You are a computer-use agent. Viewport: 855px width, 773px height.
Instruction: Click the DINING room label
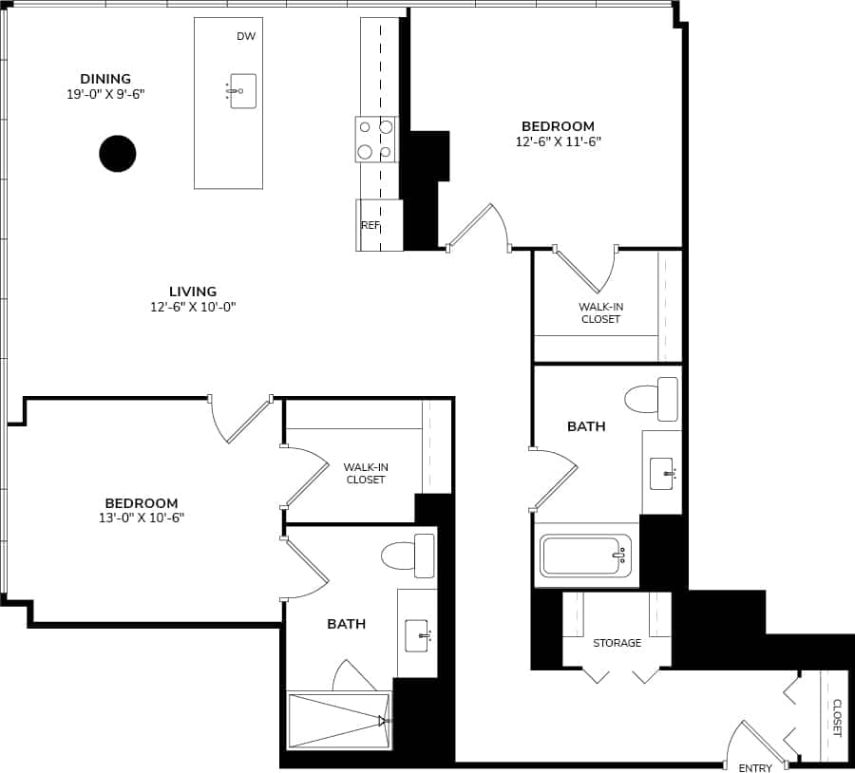coord(105,79)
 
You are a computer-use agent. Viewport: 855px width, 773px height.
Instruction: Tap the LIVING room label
coord(193,292)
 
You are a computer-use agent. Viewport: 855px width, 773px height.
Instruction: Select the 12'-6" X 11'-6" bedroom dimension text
coord(558,141)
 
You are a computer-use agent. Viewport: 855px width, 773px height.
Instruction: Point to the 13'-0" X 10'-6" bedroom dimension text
coord(142,518)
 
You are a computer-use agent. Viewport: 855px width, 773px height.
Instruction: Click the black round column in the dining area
coord(118,154)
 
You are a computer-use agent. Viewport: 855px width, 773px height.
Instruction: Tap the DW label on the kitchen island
coord(246,36)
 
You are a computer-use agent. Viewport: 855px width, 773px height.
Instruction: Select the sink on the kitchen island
coord(242,91)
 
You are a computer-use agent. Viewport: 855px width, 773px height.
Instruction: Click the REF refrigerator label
coord(370,226)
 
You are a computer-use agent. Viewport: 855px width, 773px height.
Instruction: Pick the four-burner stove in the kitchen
coord(375,139)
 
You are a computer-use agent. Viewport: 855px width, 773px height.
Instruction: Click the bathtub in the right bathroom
coord(585,556)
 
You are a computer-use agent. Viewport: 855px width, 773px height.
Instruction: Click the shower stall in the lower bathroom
coord(338,721)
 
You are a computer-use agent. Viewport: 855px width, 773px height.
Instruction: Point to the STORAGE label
coord(617,643)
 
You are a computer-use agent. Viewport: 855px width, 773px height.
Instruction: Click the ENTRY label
coord(755,768)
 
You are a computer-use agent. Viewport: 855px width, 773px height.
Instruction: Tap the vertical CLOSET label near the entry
coord(837,718)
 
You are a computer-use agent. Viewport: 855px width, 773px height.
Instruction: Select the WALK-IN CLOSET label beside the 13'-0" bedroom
coord(366,473)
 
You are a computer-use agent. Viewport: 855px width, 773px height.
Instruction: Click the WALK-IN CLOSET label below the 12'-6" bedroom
coord(600,312)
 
